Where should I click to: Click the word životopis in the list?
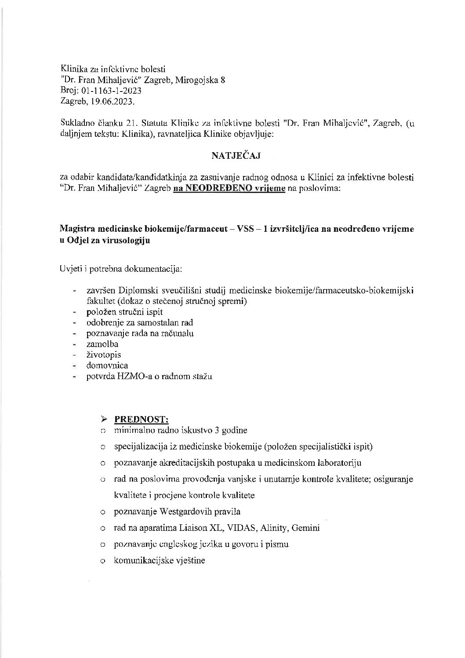(104, 355)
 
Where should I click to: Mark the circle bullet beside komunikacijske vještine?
(102, 561)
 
